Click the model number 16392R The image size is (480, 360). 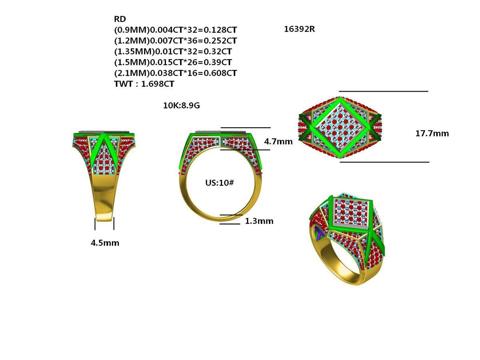(x=299, y=29)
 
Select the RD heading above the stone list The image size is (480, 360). (x=120, y=19)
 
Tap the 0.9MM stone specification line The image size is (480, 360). (x=175, y=30)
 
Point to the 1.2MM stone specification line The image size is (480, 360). (x=175, y=40)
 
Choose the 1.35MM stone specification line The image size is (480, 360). (x=173, y=51)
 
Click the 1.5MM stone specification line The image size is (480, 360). (x=173, y=62)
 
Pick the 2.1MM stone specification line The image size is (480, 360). (x=175, y=73)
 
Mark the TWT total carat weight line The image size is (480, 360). (x=144, y=84)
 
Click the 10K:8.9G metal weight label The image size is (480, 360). (x=181, y=106)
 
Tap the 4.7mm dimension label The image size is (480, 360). (x=278, y=141)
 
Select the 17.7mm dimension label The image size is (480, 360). (x=432, y=134)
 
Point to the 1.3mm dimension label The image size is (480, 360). (x=259, y=221)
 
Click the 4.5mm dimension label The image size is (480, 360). (x=105, y=243)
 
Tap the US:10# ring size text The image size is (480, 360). (x=219, y=183)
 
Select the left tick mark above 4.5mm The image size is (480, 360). (x=95, y=224)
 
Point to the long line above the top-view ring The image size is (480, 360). (x=383, y=91)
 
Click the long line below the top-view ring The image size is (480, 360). (x=384, y=162)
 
